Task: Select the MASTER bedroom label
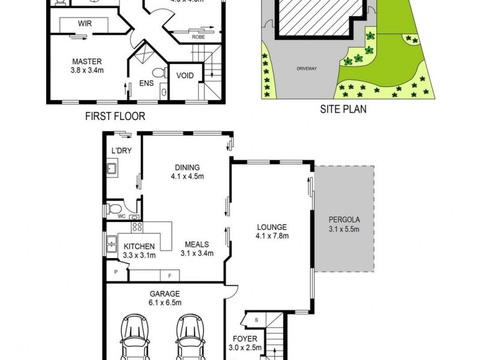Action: pyautogui.click(x=87, y=61)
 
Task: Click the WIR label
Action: pyautogui.click(x=85, y=23)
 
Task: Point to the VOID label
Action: pyautogui.click(x=183, y=76)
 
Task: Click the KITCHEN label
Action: pyautogui.click(x=140, y=246)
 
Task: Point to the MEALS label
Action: pyautogui.click(x=197, y=244)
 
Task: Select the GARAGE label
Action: pyautogui.click(x=165, y=293)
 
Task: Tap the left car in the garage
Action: pyautogui.click(x=137, y=339)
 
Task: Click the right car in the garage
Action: pyautogui.click(x=193, y=339)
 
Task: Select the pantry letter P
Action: pyautogui.click(x=116, y=272)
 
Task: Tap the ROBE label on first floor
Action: pyautogui.click(x=198, y=37)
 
